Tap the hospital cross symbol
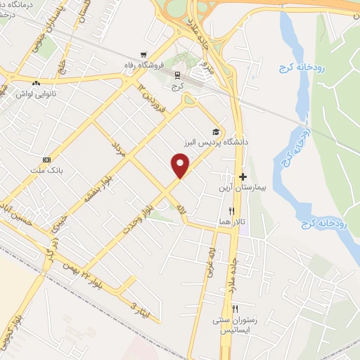(243, 177)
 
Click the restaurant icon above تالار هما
(231, 210)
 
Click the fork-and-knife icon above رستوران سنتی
(235, 309)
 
